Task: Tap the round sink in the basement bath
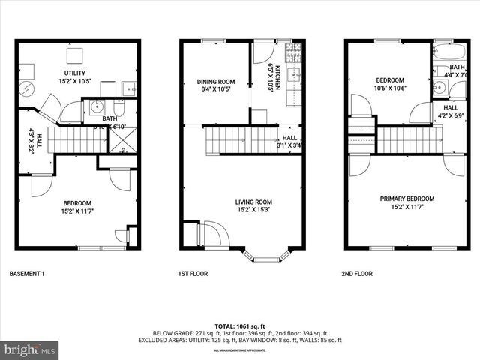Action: (95, 107)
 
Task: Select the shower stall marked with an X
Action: (122, 138)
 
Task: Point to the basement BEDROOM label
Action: (76, 203)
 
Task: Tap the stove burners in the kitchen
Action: (294, 52)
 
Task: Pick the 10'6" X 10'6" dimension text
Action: (390, 88)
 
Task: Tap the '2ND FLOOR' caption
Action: (359, 274)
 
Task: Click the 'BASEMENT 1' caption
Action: (27, 274)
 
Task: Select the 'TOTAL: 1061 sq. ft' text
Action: (239, 325)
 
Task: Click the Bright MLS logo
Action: (30, 349)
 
